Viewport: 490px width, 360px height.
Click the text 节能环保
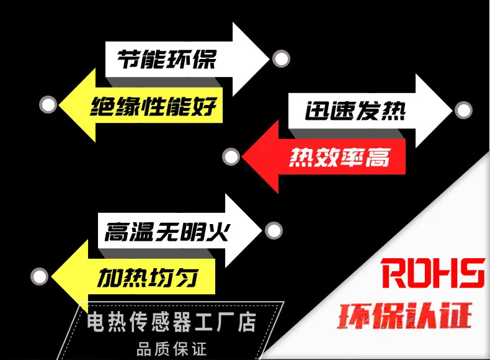point(166,60)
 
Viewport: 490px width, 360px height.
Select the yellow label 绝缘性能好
point(154,107)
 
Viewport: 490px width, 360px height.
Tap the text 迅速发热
point(355,110)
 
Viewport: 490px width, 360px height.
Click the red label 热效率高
point(339,158)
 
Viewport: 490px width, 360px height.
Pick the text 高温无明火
point(167,233)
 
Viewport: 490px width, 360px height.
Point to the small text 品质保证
point(171,348)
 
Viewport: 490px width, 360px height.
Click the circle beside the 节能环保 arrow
point(281,59)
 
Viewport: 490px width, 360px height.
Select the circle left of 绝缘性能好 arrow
point(48,105)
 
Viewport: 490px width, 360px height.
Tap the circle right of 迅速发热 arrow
point(463,110)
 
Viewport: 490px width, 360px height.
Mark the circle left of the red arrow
point(231,156)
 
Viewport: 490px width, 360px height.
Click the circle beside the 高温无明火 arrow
point(274,231)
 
